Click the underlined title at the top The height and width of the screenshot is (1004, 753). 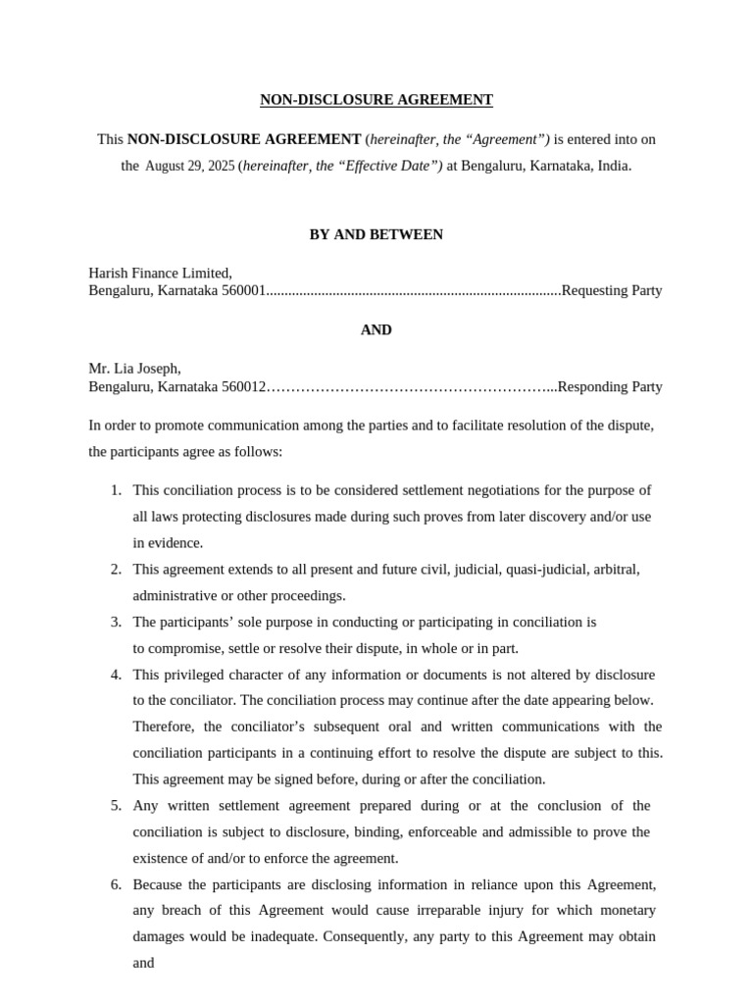click(376, 100)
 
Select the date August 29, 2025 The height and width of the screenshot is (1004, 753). click(190, 167)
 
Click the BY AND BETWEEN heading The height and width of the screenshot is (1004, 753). click(376, 235)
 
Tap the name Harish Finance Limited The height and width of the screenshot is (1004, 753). click(160, 273)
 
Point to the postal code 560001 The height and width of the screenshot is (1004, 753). click(244, 291)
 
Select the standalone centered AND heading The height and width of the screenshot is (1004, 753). click(376, 330)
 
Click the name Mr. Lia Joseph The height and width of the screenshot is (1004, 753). click(134, 369)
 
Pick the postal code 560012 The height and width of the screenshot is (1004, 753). click(244, 387)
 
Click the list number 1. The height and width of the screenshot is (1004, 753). click(116, 490)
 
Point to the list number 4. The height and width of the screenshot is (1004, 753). click(116, 675)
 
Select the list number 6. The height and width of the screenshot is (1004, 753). click(116, 884)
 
